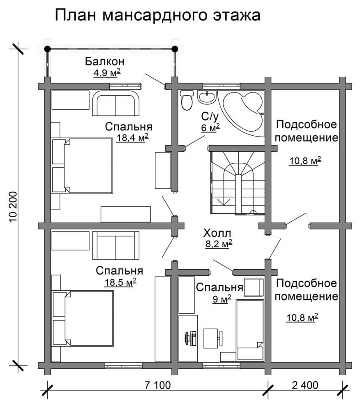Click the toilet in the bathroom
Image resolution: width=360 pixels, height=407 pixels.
pos(187,100)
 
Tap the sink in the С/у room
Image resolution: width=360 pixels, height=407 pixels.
pos(207,97)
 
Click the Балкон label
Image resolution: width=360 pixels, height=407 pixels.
pos(105,62)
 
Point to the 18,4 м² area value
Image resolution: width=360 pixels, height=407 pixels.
pos(132,138)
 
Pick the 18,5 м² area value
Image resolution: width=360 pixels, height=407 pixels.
pos(120,282)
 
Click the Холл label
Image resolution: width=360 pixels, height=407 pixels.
pos(217,233)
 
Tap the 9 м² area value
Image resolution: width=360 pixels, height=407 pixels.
pos(222,299)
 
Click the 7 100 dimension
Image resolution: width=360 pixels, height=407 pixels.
pos(157,385)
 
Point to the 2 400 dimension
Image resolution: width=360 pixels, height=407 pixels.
pos(305,385)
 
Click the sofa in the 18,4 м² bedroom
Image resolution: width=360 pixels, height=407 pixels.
pos(116,103)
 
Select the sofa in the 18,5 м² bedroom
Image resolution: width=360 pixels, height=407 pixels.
pos(116,245)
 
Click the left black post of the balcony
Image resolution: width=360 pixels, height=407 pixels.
pos(47,49)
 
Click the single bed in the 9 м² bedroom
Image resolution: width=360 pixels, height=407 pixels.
pos(250,330)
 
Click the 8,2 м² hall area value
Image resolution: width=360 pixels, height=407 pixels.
pos(217,244)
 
